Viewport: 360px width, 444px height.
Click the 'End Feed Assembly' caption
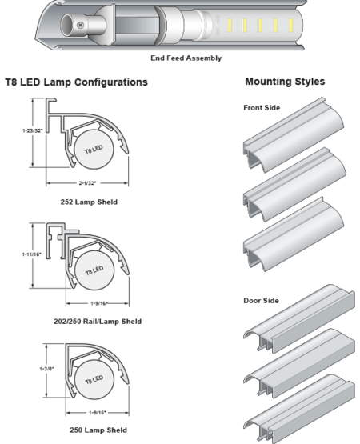point(186,58)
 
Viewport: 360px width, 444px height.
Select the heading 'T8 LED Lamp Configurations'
point(77,82)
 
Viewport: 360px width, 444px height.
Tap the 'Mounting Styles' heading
point(285,82)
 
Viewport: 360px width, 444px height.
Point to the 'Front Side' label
point(262,108)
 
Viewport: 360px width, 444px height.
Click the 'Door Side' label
point(261,301)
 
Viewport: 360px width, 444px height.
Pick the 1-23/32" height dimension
point(33,130)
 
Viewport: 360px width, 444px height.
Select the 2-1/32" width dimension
point(87,183)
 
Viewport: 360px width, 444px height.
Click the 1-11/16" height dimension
point(32,254)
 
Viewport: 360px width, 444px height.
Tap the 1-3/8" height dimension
point(46,369)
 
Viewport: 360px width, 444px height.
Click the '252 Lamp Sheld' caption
point(89,202)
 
